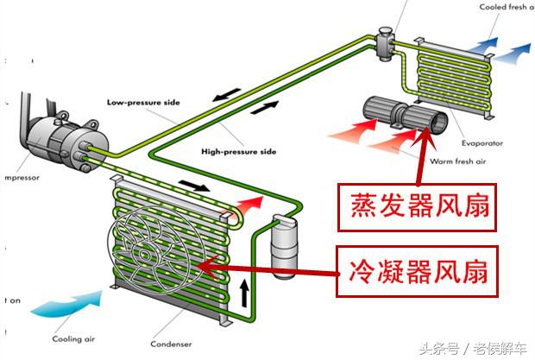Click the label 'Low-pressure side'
click(x=143, y=102)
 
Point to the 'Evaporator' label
click(x=484, y=143)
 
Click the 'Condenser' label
click(x=171, y=344)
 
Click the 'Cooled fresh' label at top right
click(x=506, y=8)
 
